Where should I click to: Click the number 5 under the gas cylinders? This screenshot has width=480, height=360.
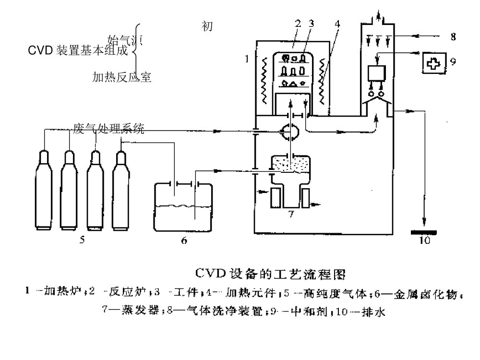click(x=82, y=240)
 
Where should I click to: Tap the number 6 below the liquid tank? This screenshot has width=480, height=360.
click(x=184, y=240)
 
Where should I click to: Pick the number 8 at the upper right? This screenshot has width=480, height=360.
click(x=454, y=36)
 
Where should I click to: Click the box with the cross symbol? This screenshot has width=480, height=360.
click(x=433, y=62)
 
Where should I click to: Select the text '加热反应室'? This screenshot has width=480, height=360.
click(x=122, y=77)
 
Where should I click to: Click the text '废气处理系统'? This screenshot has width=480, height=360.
click(x=108, y=128)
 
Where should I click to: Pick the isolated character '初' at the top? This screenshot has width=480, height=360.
click(x=207, y=27)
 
